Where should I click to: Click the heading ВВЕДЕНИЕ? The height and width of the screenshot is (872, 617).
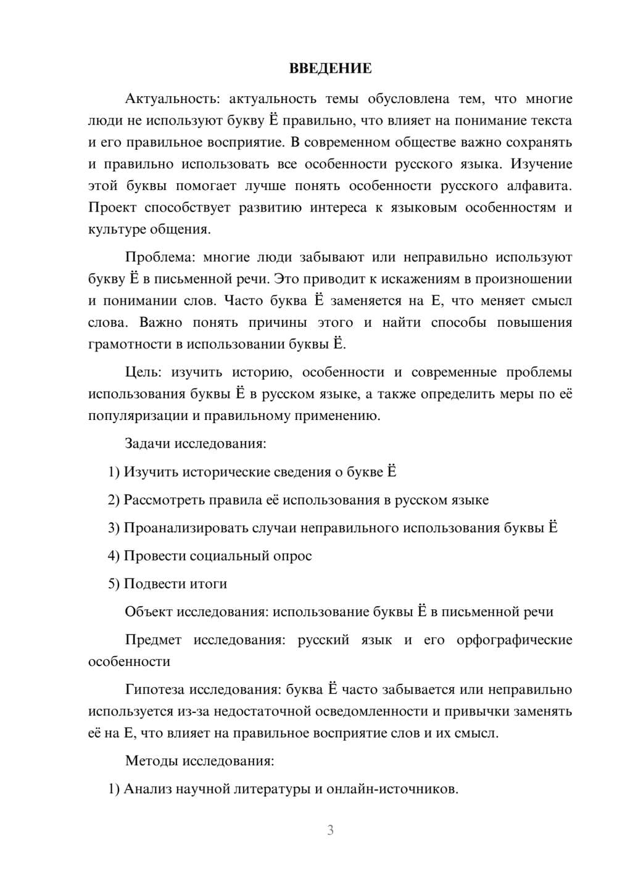(330, 68)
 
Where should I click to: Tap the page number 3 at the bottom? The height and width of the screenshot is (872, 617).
(330, 830)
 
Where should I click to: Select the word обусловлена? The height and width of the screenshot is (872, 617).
(408, 99)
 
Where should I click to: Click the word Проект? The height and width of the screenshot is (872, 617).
(112, 208)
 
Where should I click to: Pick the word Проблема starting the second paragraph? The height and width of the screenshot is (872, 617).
(160, 257)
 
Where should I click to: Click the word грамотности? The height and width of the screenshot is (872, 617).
(128, 344)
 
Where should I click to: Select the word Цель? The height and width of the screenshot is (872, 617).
(143, 372)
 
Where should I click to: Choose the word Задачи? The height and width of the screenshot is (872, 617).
(148, 443)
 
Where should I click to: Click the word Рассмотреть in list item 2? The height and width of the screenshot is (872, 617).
(164, 500)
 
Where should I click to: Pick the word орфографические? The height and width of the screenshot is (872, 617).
(514, 640)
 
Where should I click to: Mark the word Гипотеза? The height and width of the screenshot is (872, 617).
(155, 689)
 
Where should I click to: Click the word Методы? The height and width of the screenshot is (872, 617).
(151, 760)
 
